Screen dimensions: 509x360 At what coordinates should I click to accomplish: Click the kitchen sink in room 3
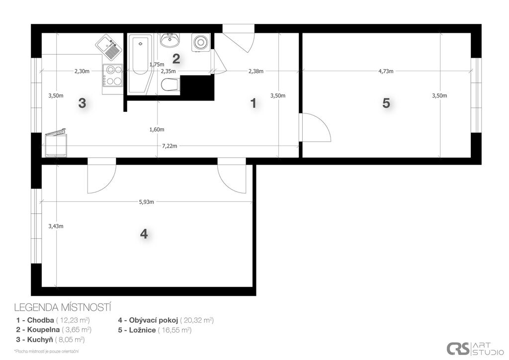(x=109, y=47)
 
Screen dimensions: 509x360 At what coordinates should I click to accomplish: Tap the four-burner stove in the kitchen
(x=113, y=75)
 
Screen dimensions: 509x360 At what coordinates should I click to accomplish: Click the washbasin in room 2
(x=170, y=40)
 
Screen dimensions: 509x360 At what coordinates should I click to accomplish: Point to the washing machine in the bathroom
(x=201, y=42)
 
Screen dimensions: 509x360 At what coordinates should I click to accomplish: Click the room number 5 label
(x=386, y=103)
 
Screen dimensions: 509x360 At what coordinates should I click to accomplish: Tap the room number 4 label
(x=144, y=233)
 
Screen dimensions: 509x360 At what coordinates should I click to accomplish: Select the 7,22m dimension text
(x=170, y=146)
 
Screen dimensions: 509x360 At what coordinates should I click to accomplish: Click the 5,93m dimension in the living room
(x=147, y=201)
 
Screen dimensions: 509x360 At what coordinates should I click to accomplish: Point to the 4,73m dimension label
(x=386, y=71)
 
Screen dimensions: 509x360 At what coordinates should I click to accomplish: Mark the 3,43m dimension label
(x=56, y=226)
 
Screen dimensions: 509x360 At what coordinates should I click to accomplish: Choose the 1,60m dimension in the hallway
(x=157, y=129)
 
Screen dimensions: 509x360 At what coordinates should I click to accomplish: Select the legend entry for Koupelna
(x=54, y=330)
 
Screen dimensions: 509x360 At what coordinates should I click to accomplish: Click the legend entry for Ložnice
(x=155, y=330)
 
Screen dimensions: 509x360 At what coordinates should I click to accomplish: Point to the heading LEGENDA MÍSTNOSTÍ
(x=63, y=307)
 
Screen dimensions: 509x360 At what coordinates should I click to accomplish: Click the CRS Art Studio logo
(x=475, y=348)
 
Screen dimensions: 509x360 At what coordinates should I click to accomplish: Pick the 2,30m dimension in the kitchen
(x=82, y=71)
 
